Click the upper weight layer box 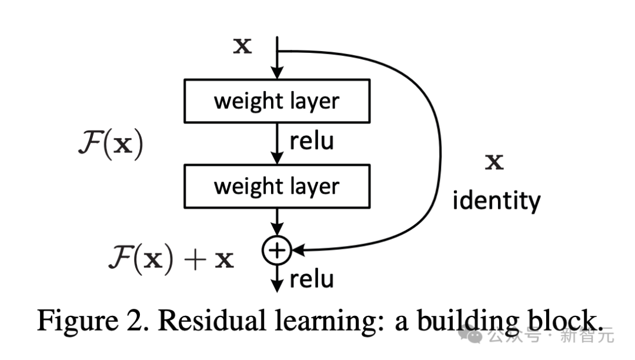276,101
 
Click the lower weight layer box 276,186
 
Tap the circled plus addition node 275,251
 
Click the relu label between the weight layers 312,142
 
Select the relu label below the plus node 312,279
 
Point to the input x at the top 242,46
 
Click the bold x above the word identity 494,163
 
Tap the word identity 496,201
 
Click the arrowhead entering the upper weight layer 276,73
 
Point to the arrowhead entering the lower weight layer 276,159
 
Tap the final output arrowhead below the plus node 276,286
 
